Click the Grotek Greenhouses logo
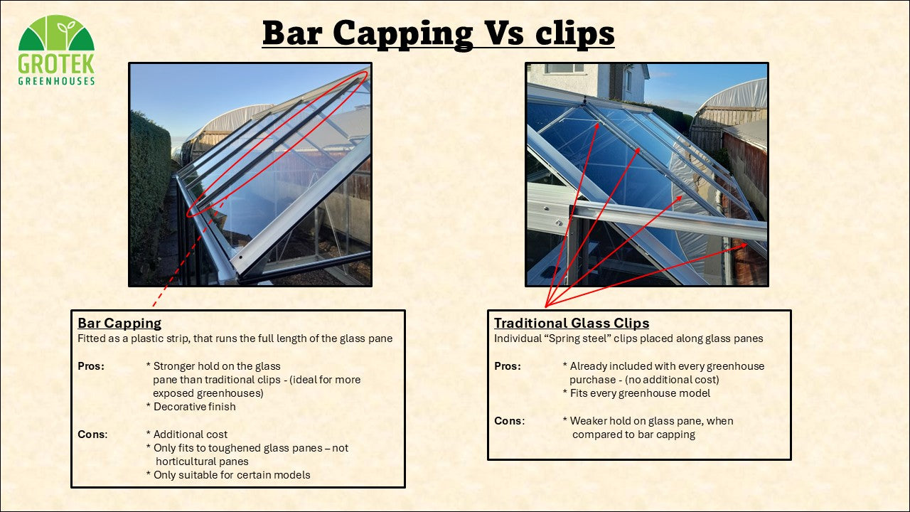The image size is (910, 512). [56, 50]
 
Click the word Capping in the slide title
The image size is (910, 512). [402, 34]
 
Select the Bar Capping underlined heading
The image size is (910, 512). [119, 323]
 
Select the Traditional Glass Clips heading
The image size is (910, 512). [572, 323]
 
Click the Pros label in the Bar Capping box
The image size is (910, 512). [91, 366]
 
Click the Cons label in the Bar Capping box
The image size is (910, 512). [92, 434]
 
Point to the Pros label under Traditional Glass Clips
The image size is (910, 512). [508, 366]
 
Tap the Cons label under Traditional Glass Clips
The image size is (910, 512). [510, 420]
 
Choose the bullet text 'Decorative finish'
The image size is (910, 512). [195, 407]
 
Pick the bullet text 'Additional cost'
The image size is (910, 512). [191, 434]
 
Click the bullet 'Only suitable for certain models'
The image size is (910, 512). [232, 475]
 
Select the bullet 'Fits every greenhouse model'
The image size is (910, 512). [641, 393]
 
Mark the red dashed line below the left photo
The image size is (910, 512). [188, 254]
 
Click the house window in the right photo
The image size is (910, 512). [564, 68]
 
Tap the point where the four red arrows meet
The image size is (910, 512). [545, 306]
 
